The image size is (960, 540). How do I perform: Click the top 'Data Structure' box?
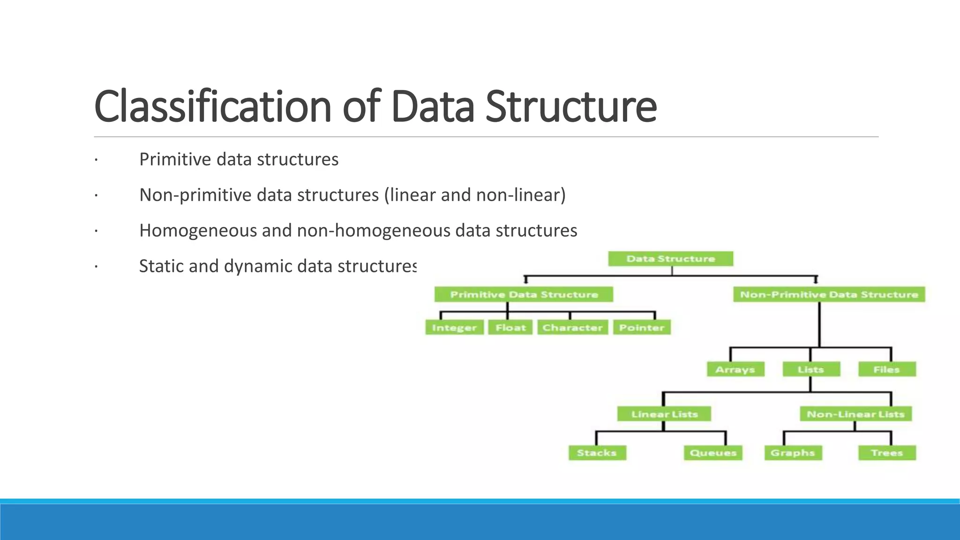point(670,259)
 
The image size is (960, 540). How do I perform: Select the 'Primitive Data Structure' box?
point(524,294)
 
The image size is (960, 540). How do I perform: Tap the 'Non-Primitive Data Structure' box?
point(829,294)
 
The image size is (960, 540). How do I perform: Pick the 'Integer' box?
point(454,328)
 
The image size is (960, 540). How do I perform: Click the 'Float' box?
point(510,328)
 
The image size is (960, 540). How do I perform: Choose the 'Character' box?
point(572,328)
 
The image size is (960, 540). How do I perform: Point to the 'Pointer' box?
point(642,328)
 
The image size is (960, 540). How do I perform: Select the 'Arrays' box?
point(735,369)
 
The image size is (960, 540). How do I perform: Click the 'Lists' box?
point(811,369)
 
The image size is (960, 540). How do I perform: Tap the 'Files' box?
point(887,369)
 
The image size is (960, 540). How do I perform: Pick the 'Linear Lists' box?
point(664,414)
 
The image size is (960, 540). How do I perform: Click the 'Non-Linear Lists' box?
point(855,414)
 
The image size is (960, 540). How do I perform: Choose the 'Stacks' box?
point(597,453)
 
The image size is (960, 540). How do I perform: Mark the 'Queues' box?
point(713,453)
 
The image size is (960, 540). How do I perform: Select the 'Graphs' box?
point(793,453)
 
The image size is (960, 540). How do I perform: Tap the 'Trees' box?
point(887,453)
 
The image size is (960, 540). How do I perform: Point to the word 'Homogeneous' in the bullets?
point(197,231)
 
